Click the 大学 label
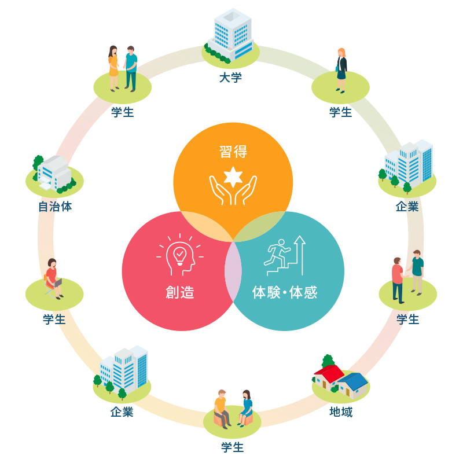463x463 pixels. [230, 77]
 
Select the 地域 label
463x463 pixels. [340, 412]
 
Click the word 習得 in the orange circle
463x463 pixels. [233, 152]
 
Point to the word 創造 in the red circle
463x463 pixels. [179, 292]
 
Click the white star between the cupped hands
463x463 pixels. [233, 177]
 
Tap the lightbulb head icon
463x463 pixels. [179, 255]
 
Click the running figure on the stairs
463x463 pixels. [276, 252]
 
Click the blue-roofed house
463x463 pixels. [354, 384]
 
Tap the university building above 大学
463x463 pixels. [231, 35]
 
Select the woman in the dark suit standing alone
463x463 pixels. [341, 69]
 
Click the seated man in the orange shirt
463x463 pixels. [221, 407]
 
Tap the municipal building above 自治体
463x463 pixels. [53, 172]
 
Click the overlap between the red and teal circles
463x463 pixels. [233, 272]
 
